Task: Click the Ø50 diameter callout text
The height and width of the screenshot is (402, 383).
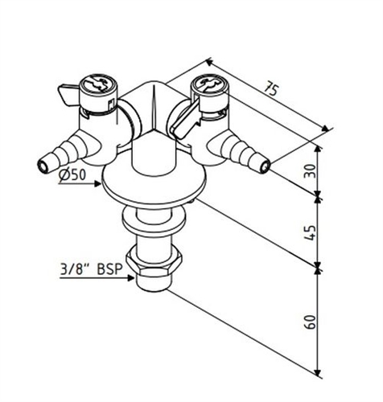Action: [x=73, y=176]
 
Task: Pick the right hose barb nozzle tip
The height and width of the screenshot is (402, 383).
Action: [x=264, y=167]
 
